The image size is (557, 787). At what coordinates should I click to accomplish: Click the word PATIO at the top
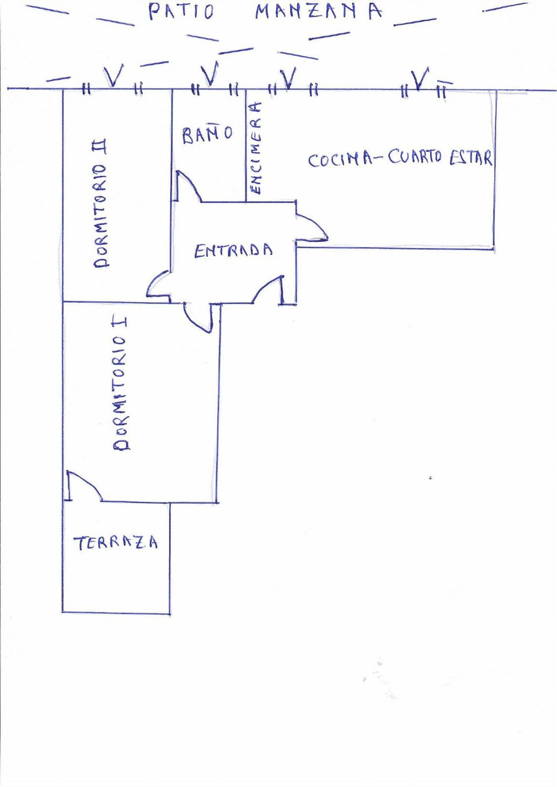click(x=181, y=12)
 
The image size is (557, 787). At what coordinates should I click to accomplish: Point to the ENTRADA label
click(x=234, y=251)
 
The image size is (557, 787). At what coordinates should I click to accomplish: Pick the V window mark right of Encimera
click(x=288, y=78)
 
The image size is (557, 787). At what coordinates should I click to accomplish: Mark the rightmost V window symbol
click(x=420, y=79)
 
